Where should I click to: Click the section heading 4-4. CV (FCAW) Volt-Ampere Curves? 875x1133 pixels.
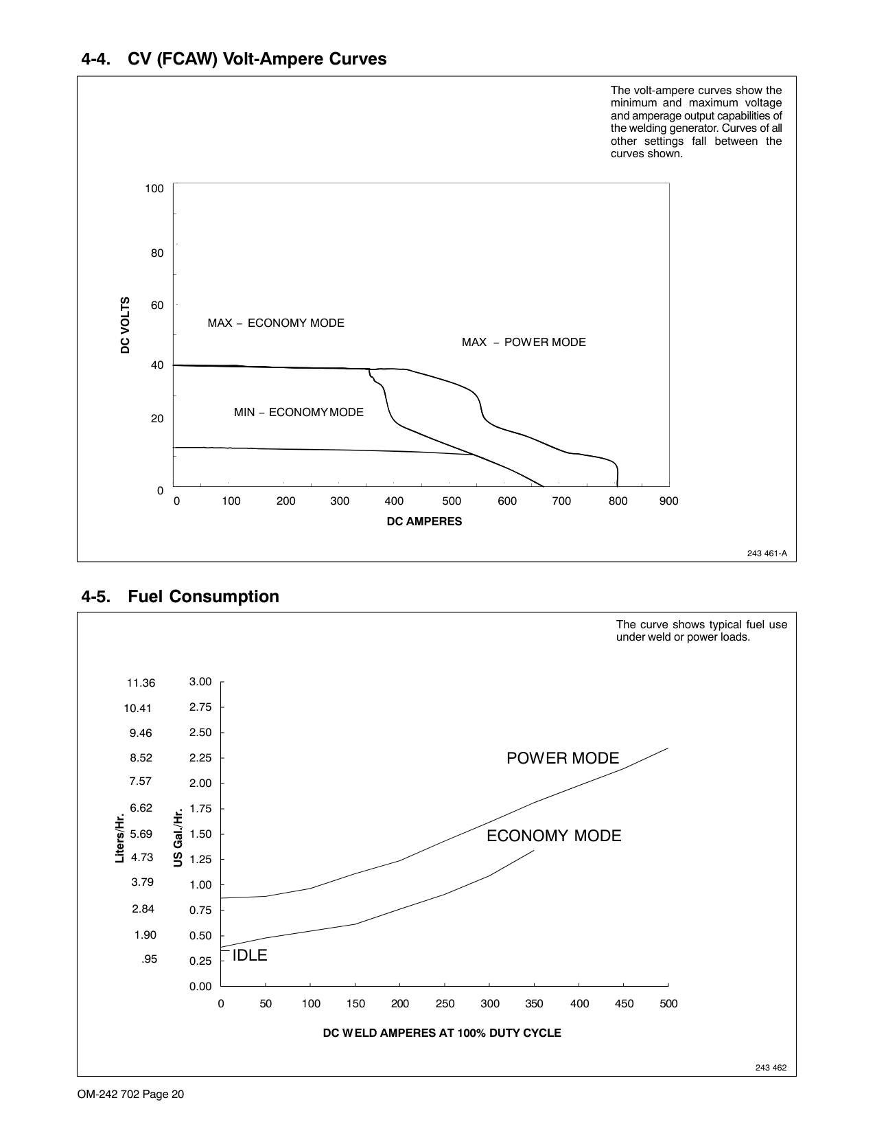(234, 59)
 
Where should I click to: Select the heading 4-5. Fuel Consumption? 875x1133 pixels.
(180, 596)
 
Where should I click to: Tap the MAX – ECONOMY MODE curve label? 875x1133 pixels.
(276, 323)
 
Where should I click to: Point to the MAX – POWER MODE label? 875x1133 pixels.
(524, 342)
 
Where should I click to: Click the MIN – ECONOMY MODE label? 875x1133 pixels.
(299, 412)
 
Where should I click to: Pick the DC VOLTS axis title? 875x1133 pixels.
(125, 325)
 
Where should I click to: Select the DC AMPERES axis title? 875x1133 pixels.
(424, 521)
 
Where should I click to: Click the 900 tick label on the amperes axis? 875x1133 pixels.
(668, 501)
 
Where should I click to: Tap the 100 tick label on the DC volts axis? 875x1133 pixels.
(154, 188)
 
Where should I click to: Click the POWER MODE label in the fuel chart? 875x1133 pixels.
(563, 758)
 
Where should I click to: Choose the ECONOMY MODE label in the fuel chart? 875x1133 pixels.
(554, 836)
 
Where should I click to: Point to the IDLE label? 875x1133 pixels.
(250, 955)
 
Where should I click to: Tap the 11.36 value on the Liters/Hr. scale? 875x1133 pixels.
(141, 683)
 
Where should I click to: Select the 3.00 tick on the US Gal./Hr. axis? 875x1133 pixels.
(200, 681)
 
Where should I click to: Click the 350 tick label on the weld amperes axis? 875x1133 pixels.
(534, 1004)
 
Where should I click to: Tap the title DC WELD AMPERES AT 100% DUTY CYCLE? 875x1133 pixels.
(442, 1033)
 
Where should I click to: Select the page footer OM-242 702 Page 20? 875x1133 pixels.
(131, 1095)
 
